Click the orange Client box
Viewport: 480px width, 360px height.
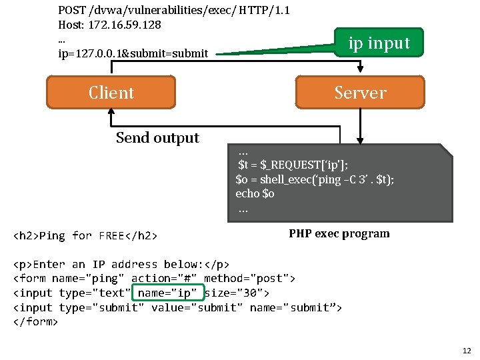pos(111,92)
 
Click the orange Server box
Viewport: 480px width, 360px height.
pos(360,92)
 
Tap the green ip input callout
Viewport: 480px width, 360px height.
pos(379,43)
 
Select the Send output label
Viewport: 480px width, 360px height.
pos(157,137)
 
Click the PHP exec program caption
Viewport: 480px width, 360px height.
pos(339,233)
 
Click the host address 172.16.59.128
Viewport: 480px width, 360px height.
pos(124,25)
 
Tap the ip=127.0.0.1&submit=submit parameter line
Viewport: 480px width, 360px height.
pos(133,53)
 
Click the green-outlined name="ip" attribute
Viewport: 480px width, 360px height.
pos(167,293)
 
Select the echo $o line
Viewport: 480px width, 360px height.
pos(255,193)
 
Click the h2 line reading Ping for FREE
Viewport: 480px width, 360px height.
pos(85,235)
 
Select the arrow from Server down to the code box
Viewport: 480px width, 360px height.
pos(360,127)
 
